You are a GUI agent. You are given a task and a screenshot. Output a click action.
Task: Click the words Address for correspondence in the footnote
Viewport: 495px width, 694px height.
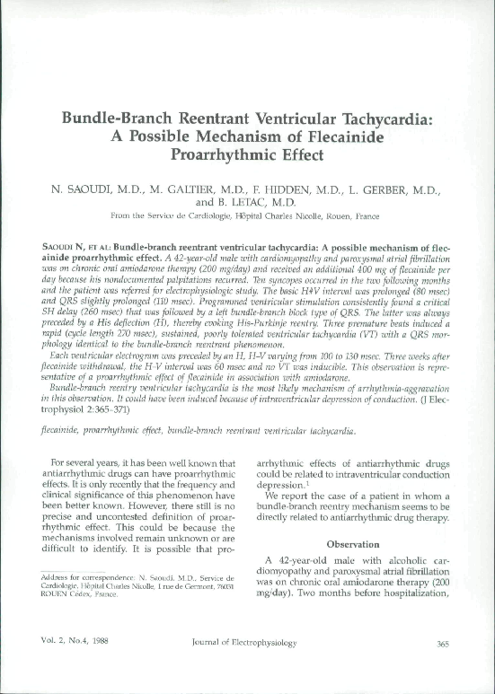tap(73, 572)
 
